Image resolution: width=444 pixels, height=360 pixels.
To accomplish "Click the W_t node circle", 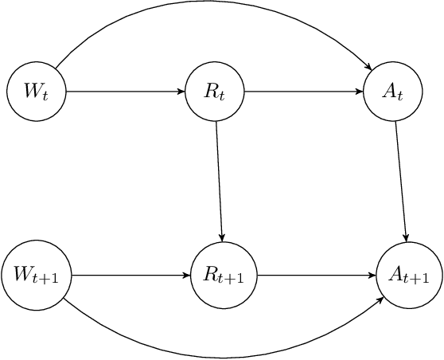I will pos(36,91).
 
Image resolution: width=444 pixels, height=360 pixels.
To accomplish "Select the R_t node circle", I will pos(215,91).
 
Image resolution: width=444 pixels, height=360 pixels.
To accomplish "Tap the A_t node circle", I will pos(393,91).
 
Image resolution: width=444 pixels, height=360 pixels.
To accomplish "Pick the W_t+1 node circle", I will pos(36,276).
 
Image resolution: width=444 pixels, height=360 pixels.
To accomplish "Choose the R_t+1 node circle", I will pos(224,276).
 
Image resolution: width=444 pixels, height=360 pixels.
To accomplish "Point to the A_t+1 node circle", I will pos(409,276).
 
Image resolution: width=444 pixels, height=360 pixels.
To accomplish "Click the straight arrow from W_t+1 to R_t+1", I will pos(131,276).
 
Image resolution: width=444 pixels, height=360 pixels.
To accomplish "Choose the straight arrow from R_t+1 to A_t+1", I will pos(316,276).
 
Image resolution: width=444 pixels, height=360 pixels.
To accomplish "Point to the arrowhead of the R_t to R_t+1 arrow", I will pos(223,238).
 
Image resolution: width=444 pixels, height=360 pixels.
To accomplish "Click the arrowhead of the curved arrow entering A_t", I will pos(369,67).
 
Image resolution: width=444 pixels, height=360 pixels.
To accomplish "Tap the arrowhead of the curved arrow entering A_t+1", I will pos(383,299).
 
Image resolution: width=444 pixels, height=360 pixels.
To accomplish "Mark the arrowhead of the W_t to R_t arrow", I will pos(181,91).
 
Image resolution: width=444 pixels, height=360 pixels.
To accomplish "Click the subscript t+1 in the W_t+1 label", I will pos(53,280).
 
